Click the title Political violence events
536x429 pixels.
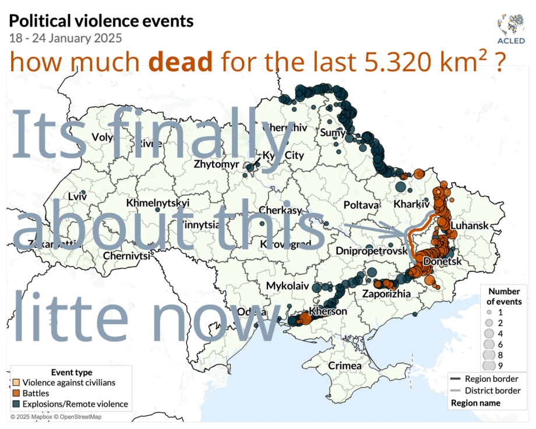pos(100,22)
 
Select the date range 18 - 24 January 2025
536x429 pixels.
pos(65,39)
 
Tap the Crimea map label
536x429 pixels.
pos(345,365)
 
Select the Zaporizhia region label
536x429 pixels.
pos(387,293)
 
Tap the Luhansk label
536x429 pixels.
pos(469,225)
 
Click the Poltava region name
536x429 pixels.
pos(361,205)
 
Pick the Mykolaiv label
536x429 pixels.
pos(285,286)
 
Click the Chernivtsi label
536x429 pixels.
pos(126,255)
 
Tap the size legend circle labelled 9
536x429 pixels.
pos(489,365)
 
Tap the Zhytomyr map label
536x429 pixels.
pos(216,164)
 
